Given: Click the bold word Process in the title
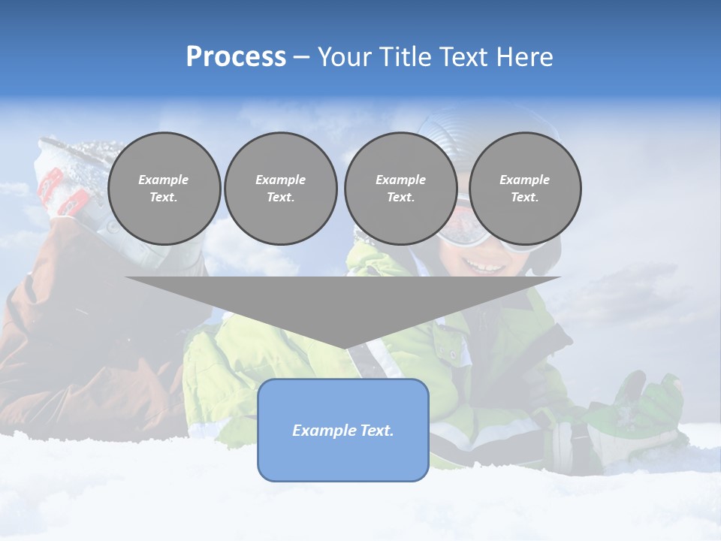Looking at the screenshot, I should click(236, 57).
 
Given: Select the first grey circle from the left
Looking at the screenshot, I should click(164, 189).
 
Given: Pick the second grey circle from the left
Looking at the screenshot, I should click(281, 189).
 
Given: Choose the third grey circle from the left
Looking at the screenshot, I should click(400, 189).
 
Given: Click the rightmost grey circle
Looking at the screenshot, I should click(524, 189).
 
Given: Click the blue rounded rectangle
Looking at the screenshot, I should click(343, 458).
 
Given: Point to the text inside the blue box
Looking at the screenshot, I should click(343, 431).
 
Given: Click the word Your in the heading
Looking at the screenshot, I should click(345, 57).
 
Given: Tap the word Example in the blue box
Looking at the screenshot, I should click(318, 431).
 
